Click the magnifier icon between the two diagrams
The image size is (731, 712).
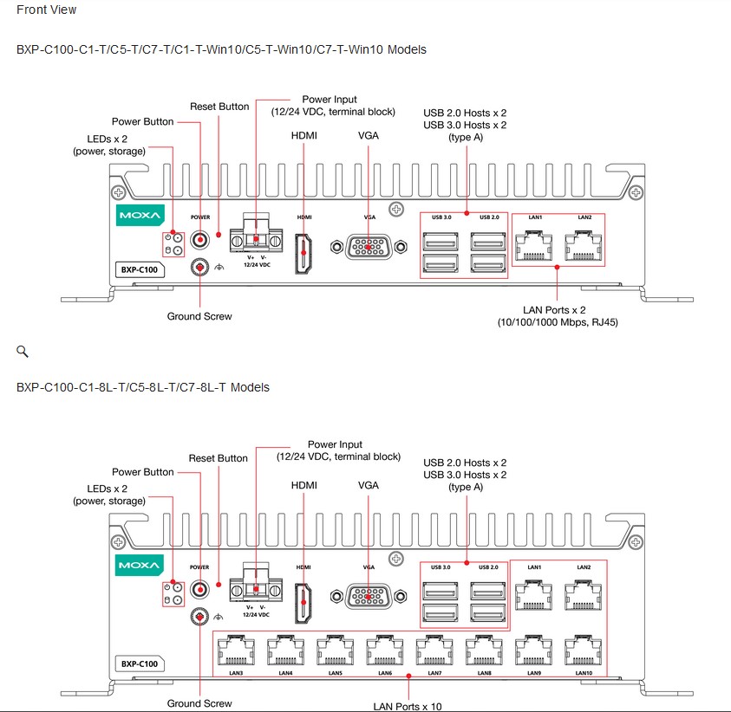coord(23,352)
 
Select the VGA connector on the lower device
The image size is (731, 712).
coord(369,598)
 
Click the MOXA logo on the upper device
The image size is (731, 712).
coord(139,216)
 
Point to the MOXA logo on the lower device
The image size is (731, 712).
coord(139,566)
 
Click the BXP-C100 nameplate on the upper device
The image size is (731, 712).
coord(140,269)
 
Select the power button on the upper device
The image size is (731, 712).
coord(200,239)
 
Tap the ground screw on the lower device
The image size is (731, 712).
coord(200,617)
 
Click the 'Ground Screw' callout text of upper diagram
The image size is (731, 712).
coord(199,316)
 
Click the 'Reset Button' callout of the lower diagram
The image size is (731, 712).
coord(219,458)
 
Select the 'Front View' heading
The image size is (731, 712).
coord(46,10)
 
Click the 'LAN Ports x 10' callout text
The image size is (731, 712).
coord(408,706)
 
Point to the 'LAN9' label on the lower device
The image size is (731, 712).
coord(534,672)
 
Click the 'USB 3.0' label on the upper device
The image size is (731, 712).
coord(441,217)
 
